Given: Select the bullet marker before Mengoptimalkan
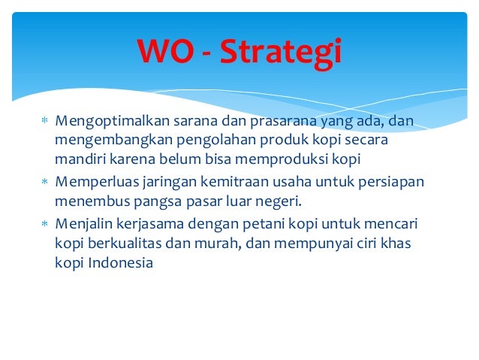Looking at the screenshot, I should [44, 122].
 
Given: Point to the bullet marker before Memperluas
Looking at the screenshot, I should [44, 183].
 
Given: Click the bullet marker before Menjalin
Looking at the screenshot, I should [44, 225].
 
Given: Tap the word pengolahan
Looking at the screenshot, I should [191, 141].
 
